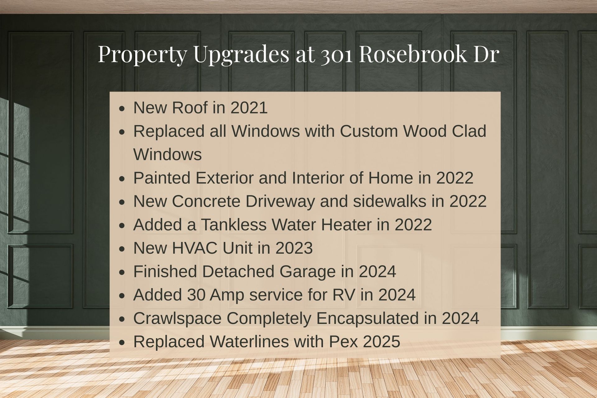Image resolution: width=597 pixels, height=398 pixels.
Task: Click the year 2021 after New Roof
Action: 249,108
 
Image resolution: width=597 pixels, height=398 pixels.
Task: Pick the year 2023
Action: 294,248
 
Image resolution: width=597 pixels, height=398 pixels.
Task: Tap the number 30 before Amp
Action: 196,295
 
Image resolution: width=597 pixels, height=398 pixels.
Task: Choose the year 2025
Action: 381,341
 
